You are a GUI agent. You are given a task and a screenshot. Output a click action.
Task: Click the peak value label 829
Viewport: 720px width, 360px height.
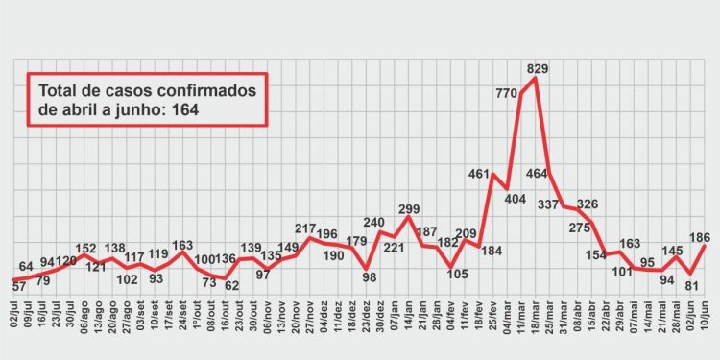tap(539, 68)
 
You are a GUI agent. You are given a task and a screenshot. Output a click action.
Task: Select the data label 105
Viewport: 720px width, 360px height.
tap(457, 275)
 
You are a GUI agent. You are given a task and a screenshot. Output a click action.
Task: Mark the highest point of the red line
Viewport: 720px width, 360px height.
tap(534, 79)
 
